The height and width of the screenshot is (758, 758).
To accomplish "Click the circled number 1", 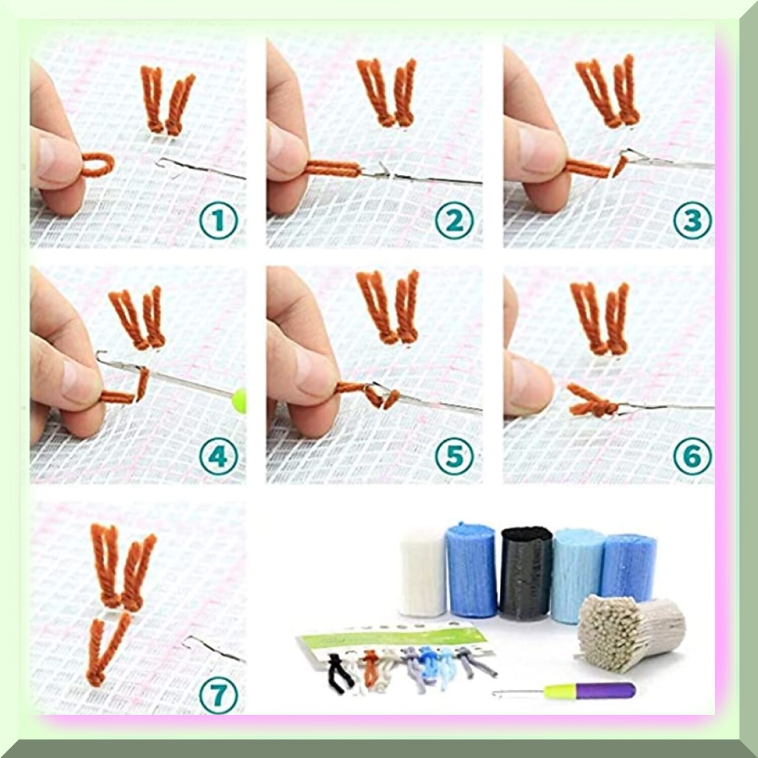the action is point(218,221).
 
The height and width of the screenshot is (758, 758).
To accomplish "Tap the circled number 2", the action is point(454,221).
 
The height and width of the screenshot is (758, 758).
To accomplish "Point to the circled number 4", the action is point(218,456).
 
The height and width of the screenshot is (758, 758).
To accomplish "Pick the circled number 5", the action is point(454,456).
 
